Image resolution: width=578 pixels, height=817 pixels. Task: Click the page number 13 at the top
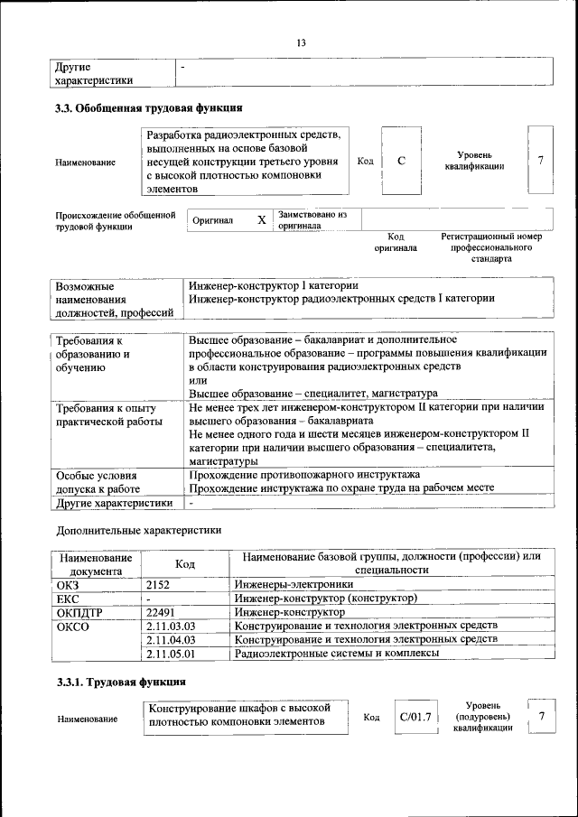[302, 42]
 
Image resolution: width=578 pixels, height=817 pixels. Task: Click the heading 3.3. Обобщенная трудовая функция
[149, 108]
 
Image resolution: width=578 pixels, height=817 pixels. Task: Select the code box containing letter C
[401, 161]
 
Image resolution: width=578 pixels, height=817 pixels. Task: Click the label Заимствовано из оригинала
[313, 220]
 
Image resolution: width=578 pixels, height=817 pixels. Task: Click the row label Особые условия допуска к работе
[98, 480]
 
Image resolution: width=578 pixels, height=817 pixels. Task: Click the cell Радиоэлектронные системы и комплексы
[337, 652]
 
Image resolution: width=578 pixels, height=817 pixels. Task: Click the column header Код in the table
[185, 563]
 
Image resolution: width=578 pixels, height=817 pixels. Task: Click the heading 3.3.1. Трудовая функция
[122, 682]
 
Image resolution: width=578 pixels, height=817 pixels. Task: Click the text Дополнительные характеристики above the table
[138, 530]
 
